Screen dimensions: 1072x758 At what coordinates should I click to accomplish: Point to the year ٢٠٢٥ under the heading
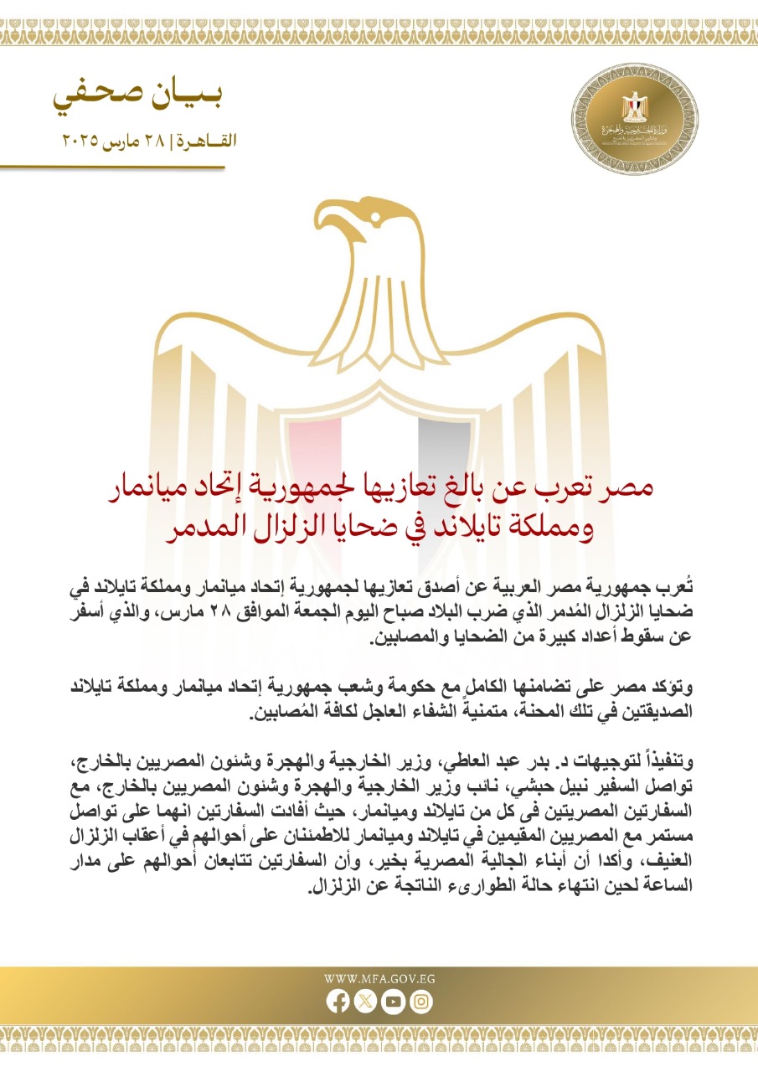[x=80, y=141]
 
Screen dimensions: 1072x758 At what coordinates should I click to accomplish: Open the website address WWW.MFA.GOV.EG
[x=379, y=977]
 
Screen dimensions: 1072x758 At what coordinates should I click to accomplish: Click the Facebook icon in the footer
[x=337, y=1000]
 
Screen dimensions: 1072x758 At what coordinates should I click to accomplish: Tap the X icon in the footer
[x=365, y=1000]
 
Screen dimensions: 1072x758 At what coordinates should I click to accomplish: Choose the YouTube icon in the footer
[x=394, y=1000]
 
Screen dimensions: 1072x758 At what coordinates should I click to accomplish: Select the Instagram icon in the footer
[x=422, y=1000]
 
